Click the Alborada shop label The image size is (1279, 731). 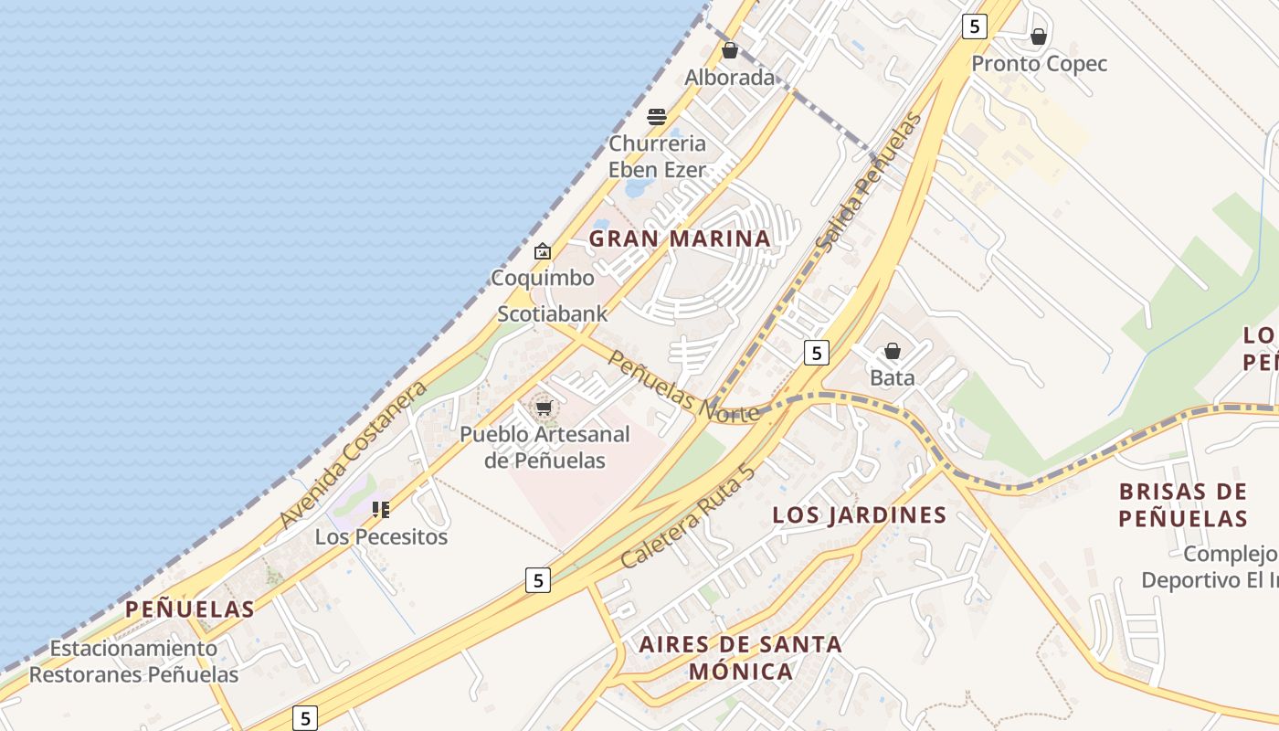coord(730,78)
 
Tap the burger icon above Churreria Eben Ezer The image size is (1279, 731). coord(656,117)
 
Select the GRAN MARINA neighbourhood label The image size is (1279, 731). coord(680,238)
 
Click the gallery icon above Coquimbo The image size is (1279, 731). coord(543,251)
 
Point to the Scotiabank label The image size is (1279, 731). coord(552,314)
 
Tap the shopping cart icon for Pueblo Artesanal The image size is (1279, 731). coord(544,408)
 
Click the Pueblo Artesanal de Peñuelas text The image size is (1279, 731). coord(544,447)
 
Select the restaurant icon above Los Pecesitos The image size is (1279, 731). coord(381,510)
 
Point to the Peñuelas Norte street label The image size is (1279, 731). coord(683,387)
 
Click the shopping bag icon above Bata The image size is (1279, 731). coord(893,352)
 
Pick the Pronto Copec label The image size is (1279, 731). coord(1039,64)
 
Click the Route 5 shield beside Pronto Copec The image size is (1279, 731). coord(975,26)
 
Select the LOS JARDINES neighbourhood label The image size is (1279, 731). coord(859,515)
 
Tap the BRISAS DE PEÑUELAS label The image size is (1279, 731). coord(1183,504)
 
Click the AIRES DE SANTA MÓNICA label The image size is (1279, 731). coord(740,658)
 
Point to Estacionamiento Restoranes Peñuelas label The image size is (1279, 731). coord(133,662)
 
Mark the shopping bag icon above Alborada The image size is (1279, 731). coord(730,50)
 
